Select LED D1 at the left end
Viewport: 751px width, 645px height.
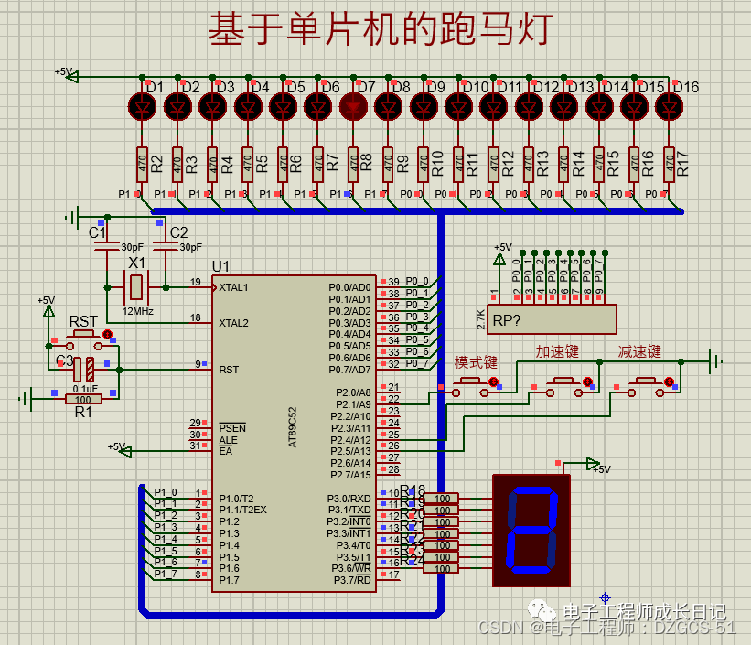pos(142,107)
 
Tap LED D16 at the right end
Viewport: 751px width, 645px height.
pos(669,107)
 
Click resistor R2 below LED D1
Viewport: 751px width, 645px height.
pos(142,165)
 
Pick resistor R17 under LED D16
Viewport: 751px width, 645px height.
pos(669,165)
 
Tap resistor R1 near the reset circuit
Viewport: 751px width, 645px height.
pos(84,399)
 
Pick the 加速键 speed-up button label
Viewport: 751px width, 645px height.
pos(557,351)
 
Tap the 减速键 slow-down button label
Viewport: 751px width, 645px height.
pos(639,351)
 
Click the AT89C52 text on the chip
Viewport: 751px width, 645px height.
pos(293,426)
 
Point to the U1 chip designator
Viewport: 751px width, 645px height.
pos(220,266)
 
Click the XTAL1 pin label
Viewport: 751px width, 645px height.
pos(232,287)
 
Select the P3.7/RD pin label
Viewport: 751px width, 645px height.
pos(351,580)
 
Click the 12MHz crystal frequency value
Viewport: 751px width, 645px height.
pos(136,312)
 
